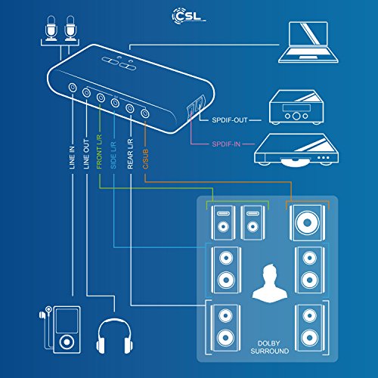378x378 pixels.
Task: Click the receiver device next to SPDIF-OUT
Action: [296, 110]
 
